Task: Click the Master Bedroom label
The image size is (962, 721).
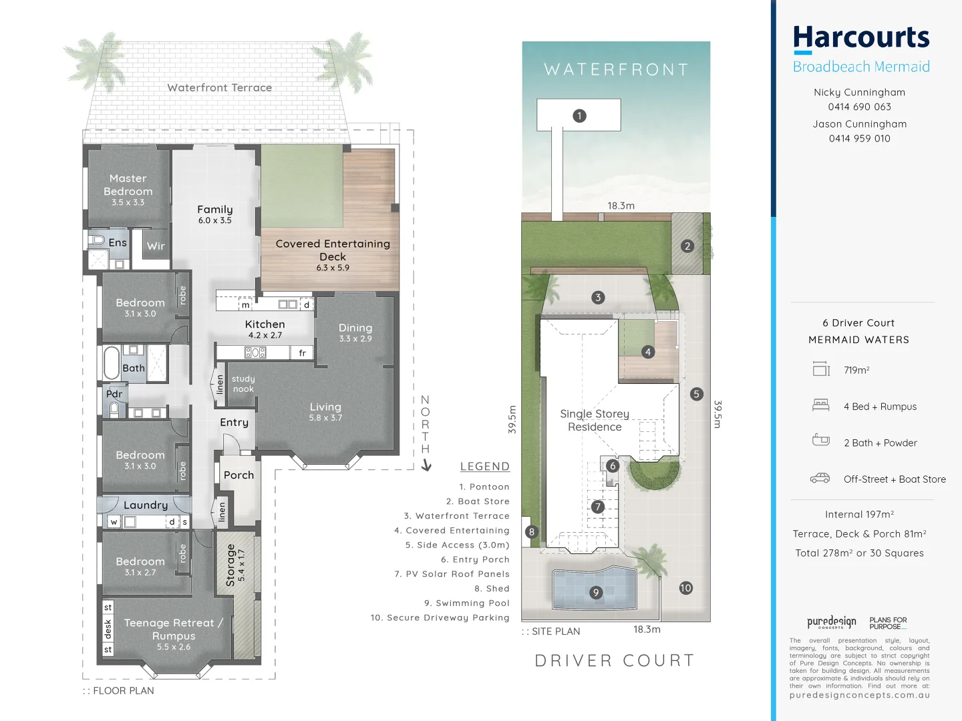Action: coord(128,185)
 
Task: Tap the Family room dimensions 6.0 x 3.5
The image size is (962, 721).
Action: coord(214,220)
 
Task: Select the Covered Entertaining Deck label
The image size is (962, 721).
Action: coord(333,250)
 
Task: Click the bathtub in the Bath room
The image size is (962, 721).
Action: coord(111,363)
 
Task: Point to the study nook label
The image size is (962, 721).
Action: coord(243,383)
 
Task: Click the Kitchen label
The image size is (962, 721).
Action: coord(265,324)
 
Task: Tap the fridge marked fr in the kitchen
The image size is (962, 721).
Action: coord(302,352)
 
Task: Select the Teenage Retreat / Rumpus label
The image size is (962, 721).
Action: coord(173,629)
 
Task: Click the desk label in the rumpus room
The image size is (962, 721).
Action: coord(108,628)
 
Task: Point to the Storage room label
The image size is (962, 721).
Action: coord(230,565)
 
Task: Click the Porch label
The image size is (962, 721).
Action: coord(238,475)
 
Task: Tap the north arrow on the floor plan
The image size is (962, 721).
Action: coord(426,465)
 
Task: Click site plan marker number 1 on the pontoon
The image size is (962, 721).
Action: coord(579,115)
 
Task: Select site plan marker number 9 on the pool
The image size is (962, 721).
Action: coord(596,592)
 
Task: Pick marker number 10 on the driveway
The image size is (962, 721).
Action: coord(685,587)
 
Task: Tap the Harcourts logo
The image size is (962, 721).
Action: coord(860,39)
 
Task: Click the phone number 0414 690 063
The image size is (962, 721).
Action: coord(859,107)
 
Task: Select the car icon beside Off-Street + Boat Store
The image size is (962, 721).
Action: coord(820,478)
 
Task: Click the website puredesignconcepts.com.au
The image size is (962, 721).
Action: coord(859,695)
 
